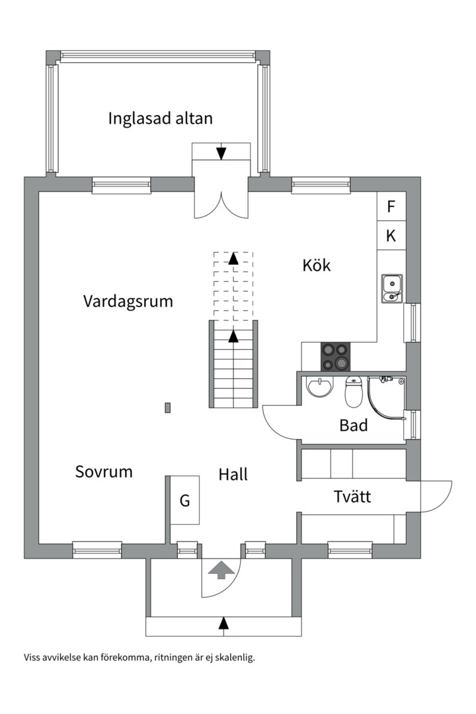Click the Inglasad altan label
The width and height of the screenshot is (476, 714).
(x=161, y=119)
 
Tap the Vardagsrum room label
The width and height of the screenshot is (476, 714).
(x=128, y=301)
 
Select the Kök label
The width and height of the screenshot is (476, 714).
(x=316, y=266)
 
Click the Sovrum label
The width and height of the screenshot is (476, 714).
(x=104, y=472)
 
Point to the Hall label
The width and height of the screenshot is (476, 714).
(x=233, y=474)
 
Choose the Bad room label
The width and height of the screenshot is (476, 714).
(x=353, y=426)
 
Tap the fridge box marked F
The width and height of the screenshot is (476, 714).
(x=391, y=206)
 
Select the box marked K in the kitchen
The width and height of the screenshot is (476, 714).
(x=391, y=236)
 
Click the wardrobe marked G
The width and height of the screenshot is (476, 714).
(x=184, y=501)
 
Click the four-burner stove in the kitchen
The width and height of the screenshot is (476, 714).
(x=336, y=356)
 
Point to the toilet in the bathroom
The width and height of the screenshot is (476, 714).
(x=354, y=393)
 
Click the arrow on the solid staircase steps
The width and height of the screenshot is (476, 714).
(x=233, y=337)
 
